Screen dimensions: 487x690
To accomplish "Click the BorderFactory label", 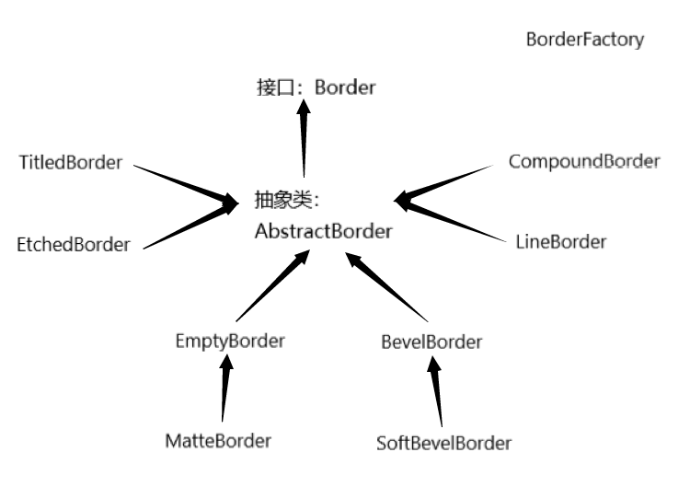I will coord(584,41).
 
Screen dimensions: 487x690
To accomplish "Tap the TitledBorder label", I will coord(70,163).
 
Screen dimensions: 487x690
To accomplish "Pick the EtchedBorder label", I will coord(74,245).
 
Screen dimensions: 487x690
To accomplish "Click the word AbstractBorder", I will coord(323,230).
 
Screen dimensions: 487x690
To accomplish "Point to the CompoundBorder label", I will coord(583,161).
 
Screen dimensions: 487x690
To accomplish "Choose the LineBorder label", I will coord(561,242).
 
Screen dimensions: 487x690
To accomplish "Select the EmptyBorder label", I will coord(230,341).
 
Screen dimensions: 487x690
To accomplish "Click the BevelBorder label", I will coord(431,342).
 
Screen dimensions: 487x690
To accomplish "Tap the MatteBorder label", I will coord(218,440).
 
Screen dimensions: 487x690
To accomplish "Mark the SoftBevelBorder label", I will coord(443,443).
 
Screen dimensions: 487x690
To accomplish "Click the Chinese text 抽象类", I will coord(286,198).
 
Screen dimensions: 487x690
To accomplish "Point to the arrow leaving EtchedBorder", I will coord(189,225).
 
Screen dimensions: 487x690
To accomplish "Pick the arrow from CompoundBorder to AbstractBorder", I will coord(446,182).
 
